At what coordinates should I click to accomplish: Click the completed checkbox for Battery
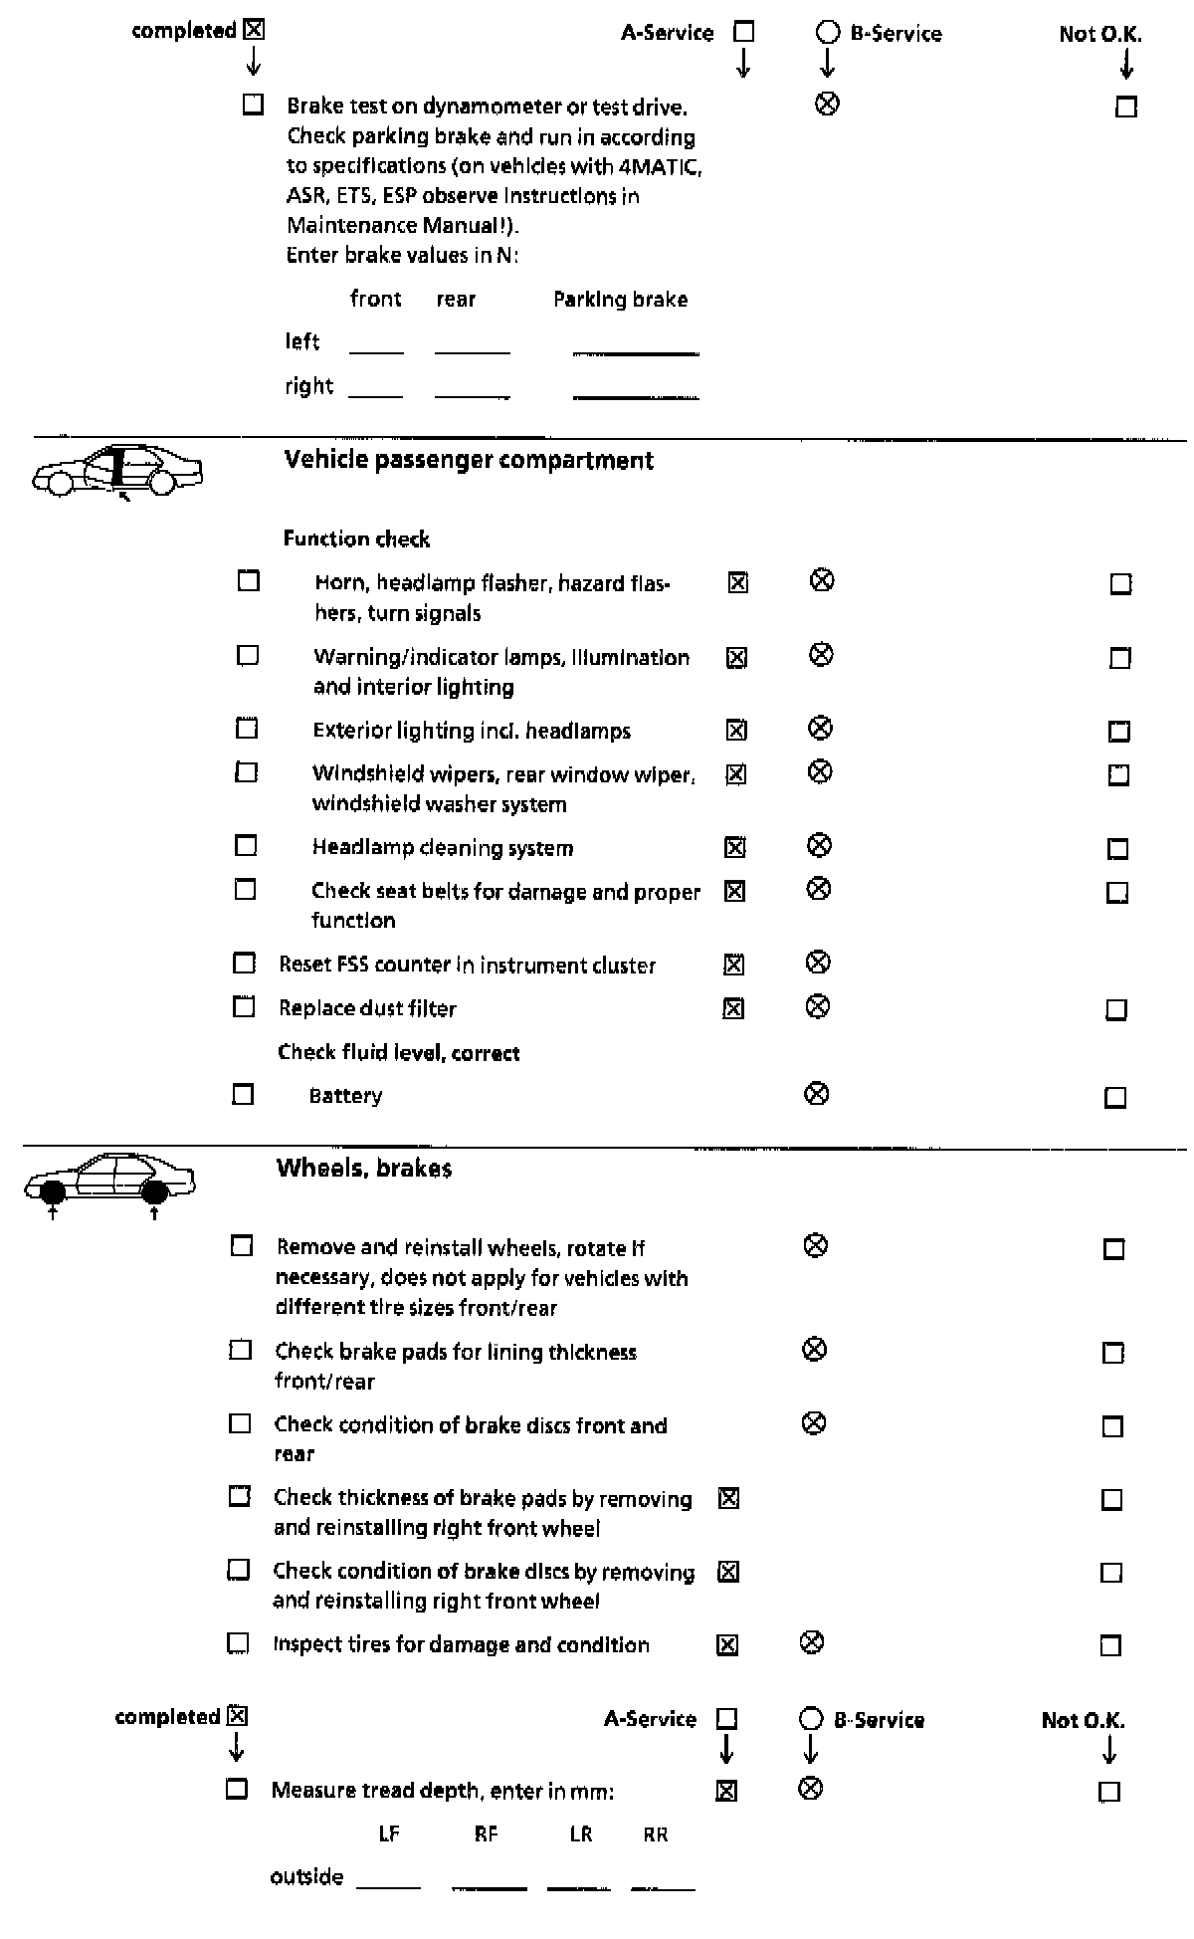(x=243, y=1095)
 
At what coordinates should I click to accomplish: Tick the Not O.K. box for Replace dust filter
(x=1116, y=1010)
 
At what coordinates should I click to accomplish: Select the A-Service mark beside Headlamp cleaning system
(x=734, y=848)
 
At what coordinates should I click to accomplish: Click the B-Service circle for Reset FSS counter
(x=818, y=963)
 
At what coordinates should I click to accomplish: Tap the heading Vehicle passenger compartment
(x=469, y=460)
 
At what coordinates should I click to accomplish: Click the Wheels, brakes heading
(x=364, y=1169)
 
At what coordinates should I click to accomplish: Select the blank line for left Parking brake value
(x=636, y=349)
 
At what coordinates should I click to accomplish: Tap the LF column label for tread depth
(x=389, y=1834)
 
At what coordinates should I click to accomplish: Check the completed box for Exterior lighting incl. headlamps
(x=247, y=729)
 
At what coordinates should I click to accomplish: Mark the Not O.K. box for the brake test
(x=1126, y=107)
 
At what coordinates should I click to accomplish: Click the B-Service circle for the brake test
(x=827, y=104)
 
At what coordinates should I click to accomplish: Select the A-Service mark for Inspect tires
(x=727, y=1645)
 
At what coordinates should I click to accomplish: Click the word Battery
(x=345, y=1096)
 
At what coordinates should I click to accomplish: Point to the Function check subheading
(x=356, y=539)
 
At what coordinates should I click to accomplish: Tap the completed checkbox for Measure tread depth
(x=237, y=1789)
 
